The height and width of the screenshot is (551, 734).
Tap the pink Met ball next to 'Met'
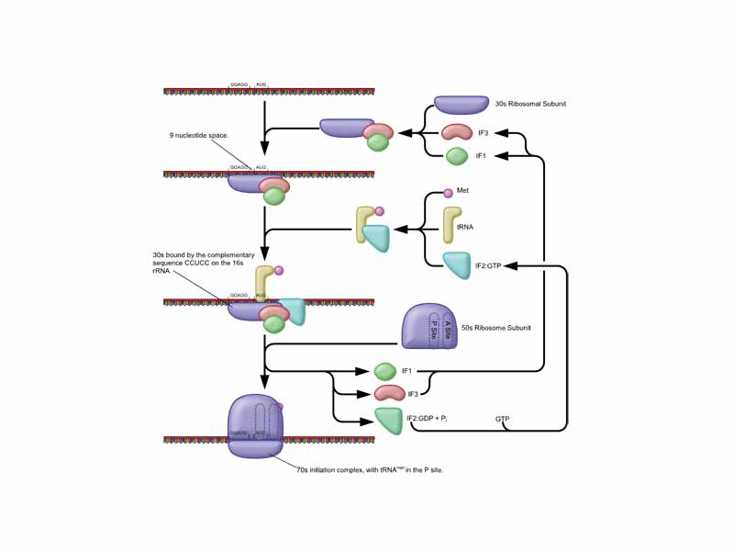coord(448,193)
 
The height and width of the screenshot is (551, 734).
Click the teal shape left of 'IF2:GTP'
coord(456,265)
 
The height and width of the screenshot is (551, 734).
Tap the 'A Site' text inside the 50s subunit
coord(448,329)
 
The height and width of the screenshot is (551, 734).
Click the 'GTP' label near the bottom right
coord(502,419)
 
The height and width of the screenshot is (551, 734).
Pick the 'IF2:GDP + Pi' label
coord(431,419)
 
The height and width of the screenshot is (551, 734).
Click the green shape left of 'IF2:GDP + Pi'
coord(388,420)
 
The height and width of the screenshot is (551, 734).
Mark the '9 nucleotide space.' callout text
coord(199,136)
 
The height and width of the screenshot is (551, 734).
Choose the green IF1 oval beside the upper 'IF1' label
coord(456,156)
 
